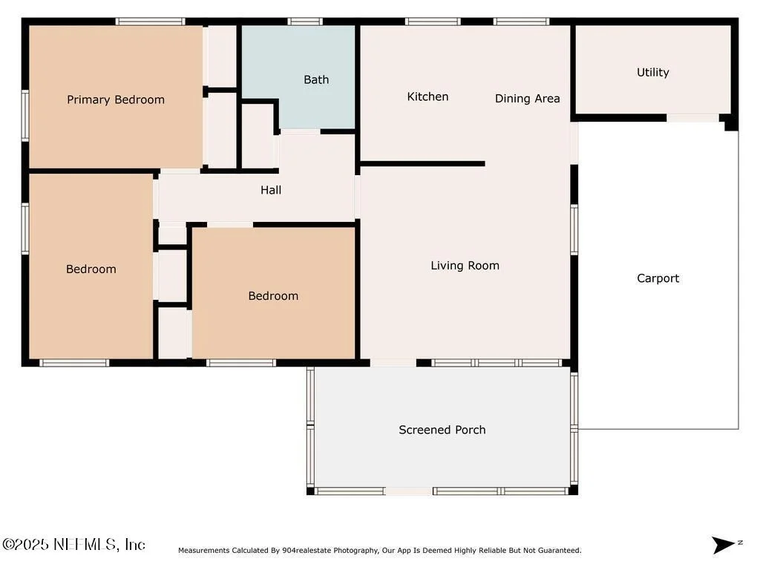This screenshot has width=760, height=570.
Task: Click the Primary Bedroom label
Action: (x=116, y=100)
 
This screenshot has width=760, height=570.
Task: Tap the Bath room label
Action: (x=316, y=79)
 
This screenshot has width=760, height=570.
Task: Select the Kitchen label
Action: (x=427, y=96)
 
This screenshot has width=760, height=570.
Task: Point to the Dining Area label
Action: (x=528, y=99)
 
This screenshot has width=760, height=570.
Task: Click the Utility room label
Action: (x=653, y=72)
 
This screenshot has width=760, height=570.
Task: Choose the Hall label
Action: (x=271, y=190)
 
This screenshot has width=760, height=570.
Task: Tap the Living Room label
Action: (x=465, y=266)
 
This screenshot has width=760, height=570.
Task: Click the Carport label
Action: (x=658, y=278)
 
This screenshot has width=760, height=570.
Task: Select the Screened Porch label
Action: (x=442, y=430)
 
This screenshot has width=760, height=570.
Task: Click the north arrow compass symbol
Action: (x=725, y=544)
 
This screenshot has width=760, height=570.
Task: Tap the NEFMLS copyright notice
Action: (x=73, y=544)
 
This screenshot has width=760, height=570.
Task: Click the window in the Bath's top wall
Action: (x=305, y=22)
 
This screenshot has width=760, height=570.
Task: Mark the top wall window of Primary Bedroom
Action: (x=150, y=22)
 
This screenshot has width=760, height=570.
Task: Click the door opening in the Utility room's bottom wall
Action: (x=692, y=118)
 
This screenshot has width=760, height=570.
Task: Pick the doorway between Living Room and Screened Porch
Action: (x=393, y=362)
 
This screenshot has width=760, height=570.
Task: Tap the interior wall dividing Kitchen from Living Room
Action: (x=422, y=164)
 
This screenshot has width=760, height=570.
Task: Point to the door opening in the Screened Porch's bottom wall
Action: (x=409, y=491)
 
